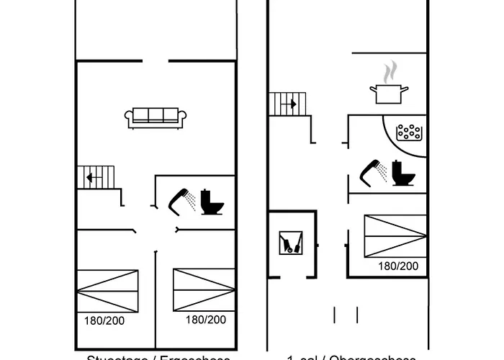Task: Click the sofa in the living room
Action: (x=156, y=117)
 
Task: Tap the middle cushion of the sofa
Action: (x=156, y=115)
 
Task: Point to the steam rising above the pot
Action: (x=390, y=72)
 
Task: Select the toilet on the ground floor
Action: (x=212, y=202)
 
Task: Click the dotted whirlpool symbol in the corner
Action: (x=410, y=132)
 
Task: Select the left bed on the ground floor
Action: (x=107, y=290)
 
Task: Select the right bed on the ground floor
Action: (x=204, y=290)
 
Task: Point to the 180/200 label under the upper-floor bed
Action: (x=398, y=266)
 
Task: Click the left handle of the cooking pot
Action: (x=373, y=89)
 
